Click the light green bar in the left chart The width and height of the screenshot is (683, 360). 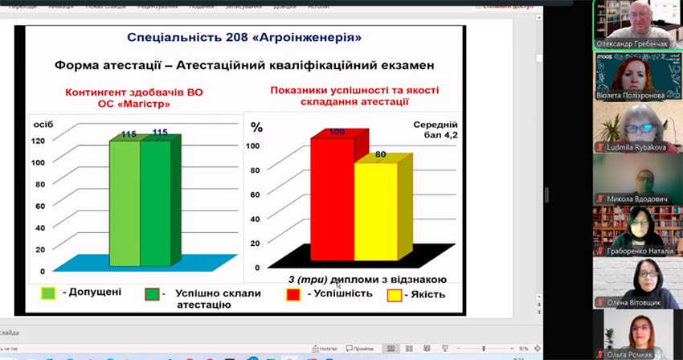125,202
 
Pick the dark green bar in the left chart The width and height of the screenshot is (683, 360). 155,202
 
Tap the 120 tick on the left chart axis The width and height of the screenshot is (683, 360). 38,141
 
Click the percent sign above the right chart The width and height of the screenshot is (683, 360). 257,127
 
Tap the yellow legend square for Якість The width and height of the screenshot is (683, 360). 394,294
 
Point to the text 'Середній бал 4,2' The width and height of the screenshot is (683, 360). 435,131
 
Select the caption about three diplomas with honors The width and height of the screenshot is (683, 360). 366,279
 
